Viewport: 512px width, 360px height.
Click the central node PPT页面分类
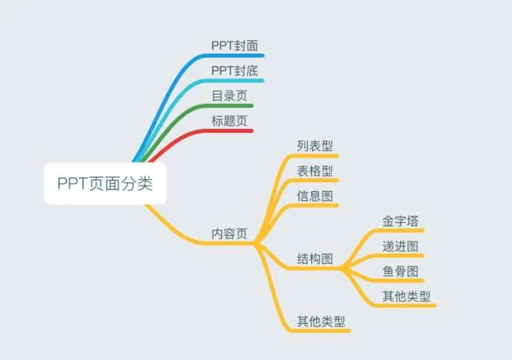pyautogui.click(x=105, y=183)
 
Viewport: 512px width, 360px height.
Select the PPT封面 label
pyautogui.click(x=234, y=46)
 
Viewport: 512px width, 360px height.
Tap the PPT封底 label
pyautogui.click(x=234, y=71)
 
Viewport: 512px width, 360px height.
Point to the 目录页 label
pyautogui.click(x=229, y=96)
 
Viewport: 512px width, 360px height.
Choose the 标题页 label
pyautogui.click(x=229, y=121)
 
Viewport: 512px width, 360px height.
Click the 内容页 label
pyautogui.click(x=230, y=234)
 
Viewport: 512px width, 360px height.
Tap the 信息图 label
pyautogui.click(x=314, y=195)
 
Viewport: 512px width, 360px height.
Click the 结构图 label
pyautogui.click(x=315, y=258)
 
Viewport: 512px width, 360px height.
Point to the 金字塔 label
pyautogui.click(x=401, y=220)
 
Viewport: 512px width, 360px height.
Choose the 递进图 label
pyautogui.click(x=401, y=246)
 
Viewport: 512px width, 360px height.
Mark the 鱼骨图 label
pyautogui.click(x=401, y=271)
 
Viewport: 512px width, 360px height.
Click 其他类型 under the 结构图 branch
pyautogui.click(x=406, y=296)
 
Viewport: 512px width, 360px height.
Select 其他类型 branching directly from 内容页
pyautogui.click(x=321, y=321)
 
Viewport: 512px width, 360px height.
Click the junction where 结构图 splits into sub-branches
pyautogui.click(x=346, y=269)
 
